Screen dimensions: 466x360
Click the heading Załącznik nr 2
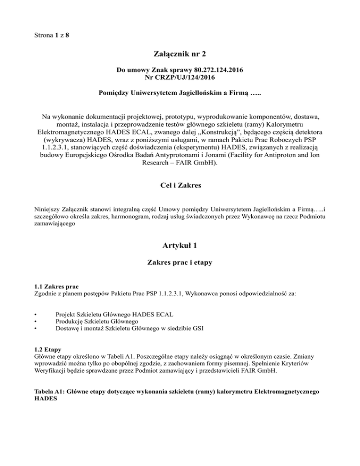click(180, 54)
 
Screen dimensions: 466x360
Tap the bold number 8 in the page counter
click(68, 35)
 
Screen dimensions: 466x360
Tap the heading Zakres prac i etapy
click(180, 263)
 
